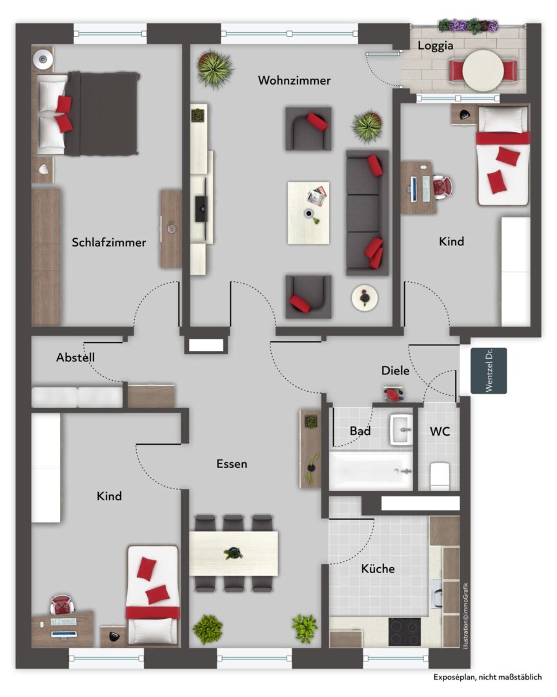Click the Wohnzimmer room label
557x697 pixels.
click(294, 81)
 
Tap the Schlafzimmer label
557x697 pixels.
click(109, 242)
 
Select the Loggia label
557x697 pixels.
click(435, 46)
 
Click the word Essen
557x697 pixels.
click(232, 463)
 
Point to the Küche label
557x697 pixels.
click(378, 569)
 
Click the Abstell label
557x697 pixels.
click(75, 358)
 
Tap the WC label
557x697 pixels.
click(440, 431)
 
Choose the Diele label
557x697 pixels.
click(395, 370)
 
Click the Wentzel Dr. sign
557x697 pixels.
click(489, 370)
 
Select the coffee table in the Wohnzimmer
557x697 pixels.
click(309, 212)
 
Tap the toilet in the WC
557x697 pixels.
click(440, 476)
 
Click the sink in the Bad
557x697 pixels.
click(401, 430)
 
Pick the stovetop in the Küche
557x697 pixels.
click(405, 632)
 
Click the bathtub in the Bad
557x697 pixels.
click(370, 471)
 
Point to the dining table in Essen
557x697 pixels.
click(234, 554)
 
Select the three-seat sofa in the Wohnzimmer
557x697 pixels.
click(367, 212)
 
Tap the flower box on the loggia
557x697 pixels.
click(468, 25)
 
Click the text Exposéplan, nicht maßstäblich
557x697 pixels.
click(488, 677)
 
